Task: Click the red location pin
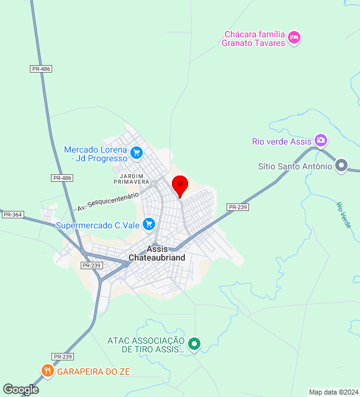pyautogui.click(x=180, y=185)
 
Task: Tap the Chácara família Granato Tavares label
pyautogui.click(x=254, y=38)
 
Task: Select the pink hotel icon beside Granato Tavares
pyautogui.click(x=295, y=38)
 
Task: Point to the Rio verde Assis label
pyautogui.click(x=281, y=141)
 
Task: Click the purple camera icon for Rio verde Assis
pyautogui.click(x=320, y=141)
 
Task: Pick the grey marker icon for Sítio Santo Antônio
pyautogui.click(x=341, y=166)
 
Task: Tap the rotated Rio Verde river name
pyautogui.click(x=344, y=215)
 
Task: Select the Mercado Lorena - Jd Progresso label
pyautogui.click(x=95, y=154)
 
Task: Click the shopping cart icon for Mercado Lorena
pyautogui.click(x=137, y=151)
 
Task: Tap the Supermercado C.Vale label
pyautogui.click(x=97, y=225)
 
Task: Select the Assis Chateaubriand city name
pyautogui.click(x=156, y=253)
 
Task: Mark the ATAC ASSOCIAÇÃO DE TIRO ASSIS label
pyautogui.click(x=146, y=345)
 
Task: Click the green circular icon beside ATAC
pyautogui.click(x=194, y=343)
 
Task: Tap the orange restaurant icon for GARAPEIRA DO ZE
pyautogui.click(x=48, y=371)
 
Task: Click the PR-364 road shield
pyautogui.click(x=12, y=215)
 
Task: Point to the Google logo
pyautogui.click(x=20, y=389)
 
